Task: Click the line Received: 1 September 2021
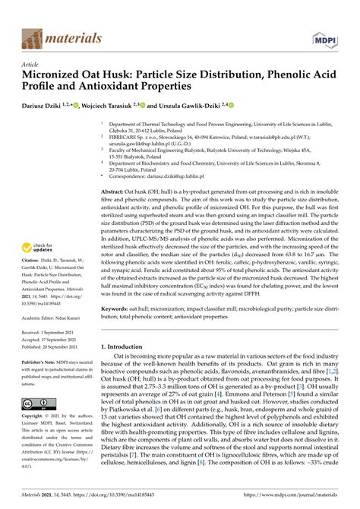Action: [x=55, y=332]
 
